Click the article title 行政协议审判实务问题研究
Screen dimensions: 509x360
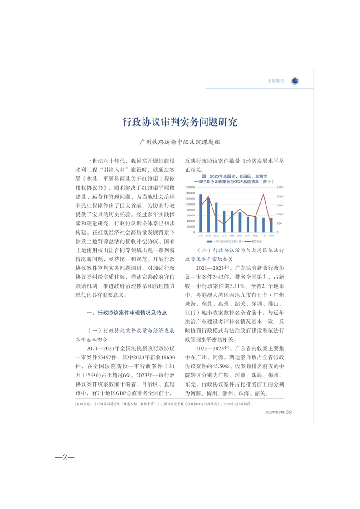(x=180, y=122)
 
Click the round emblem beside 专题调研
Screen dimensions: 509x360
(x=295, y=81)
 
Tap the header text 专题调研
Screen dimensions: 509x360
(x=275, y=82)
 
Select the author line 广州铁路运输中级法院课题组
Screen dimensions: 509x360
(x=180, y=142)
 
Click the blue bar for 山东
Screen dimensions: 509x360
(x=201, y=213)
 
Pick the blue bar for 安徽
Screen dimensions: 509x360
(x=216, y=217)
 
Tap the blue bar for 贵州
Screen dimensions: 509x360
(x=271, y=225)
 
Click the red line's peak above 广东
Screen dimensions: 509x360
(x=264, y=195)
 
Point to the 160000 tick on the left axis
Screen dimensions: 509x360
(x=191, y=187)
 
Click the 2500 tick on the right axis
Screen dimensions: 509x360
(x=280, y=187)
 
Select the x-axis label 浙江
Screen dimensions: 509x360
(x=240, y=236)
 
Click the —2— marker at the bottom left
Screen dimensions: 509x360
(x=65, y=456)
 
